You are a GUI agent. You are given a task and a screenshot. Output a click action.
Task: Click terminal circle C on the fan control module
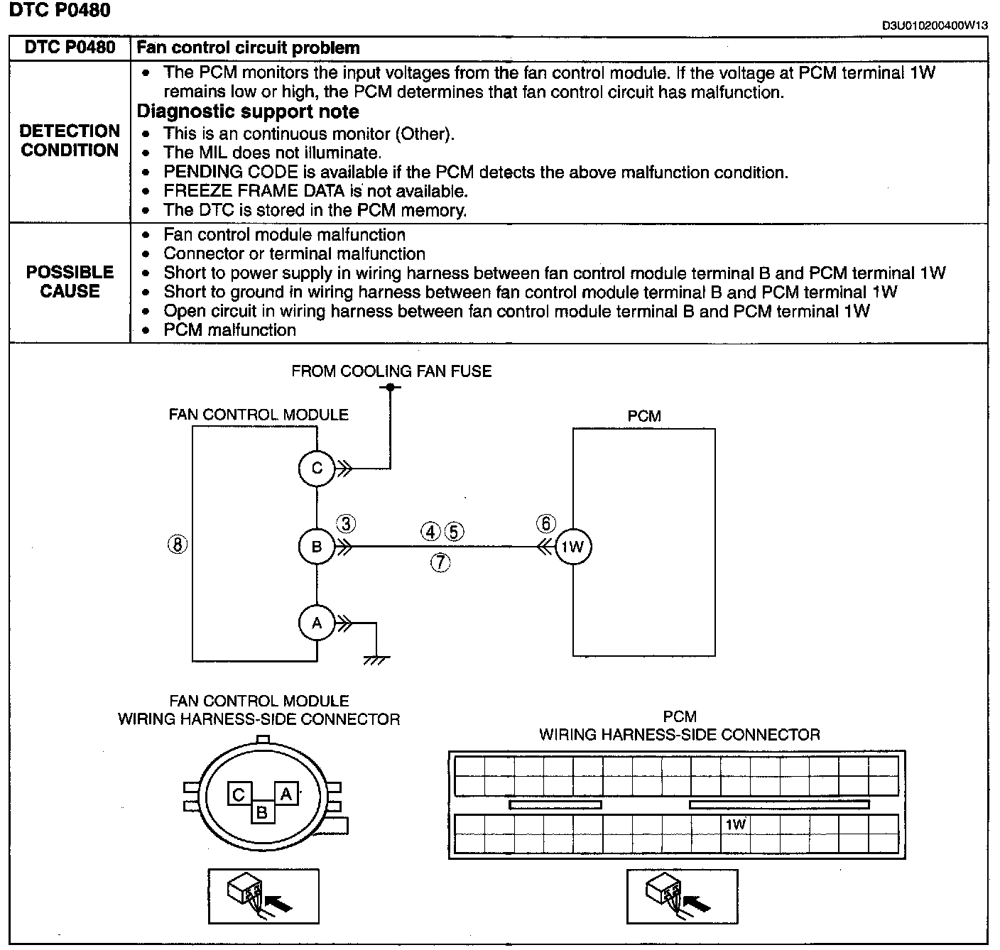click(317, 468)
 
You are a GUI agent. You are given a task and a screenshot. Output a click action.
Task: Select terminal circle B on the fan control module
click(317, 547)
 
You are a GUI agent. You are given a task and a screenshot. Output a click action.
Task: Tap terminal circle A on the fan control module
click(317, 623)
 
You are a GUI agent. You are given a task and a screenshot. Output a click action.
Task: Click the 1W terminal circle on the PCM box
click(572, 547)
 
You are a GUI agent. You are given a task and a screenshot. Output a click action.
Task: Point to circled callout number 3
click(346, 525)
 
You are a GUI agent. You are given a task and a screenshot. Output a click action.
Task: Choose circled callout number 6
click(545, 524)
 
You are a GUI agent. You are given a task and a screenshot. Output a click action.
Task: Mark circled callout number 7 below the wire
click(440, 563)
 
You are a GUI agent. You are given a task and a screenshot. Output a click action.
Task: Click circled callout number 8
click(177, 545)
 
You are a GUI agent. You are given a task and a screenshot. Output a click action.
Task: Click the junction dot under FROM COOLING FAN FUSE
click(390, 387)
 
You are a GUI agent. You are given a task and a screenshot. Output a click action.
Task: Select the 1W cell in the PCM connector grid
click(736, 824)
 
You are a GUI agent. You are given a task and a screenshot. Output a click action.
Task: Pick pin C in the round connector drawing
click(239, 795)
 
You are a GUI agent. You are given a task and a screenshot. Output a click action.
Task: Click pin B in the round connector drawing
click(262, 812)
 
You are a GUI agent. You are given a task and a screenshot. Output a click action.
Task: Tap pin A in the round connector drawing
click(286, 794)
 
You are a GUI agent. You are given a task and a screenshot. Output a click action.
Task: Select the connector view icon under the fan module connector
click(263, 895)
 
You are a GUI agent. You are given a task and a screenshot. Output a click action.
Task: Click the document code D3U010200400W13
click(935, 26)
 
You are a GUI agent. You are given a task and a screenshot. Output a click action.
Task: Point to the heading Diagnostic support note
click(248, 111)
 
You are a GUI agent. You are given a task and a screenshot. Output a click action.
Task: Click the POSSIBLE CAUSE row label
click(70, 281)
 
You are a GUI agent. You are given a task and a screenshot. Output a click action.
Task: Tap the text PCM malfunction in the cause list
click(229, 330)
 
